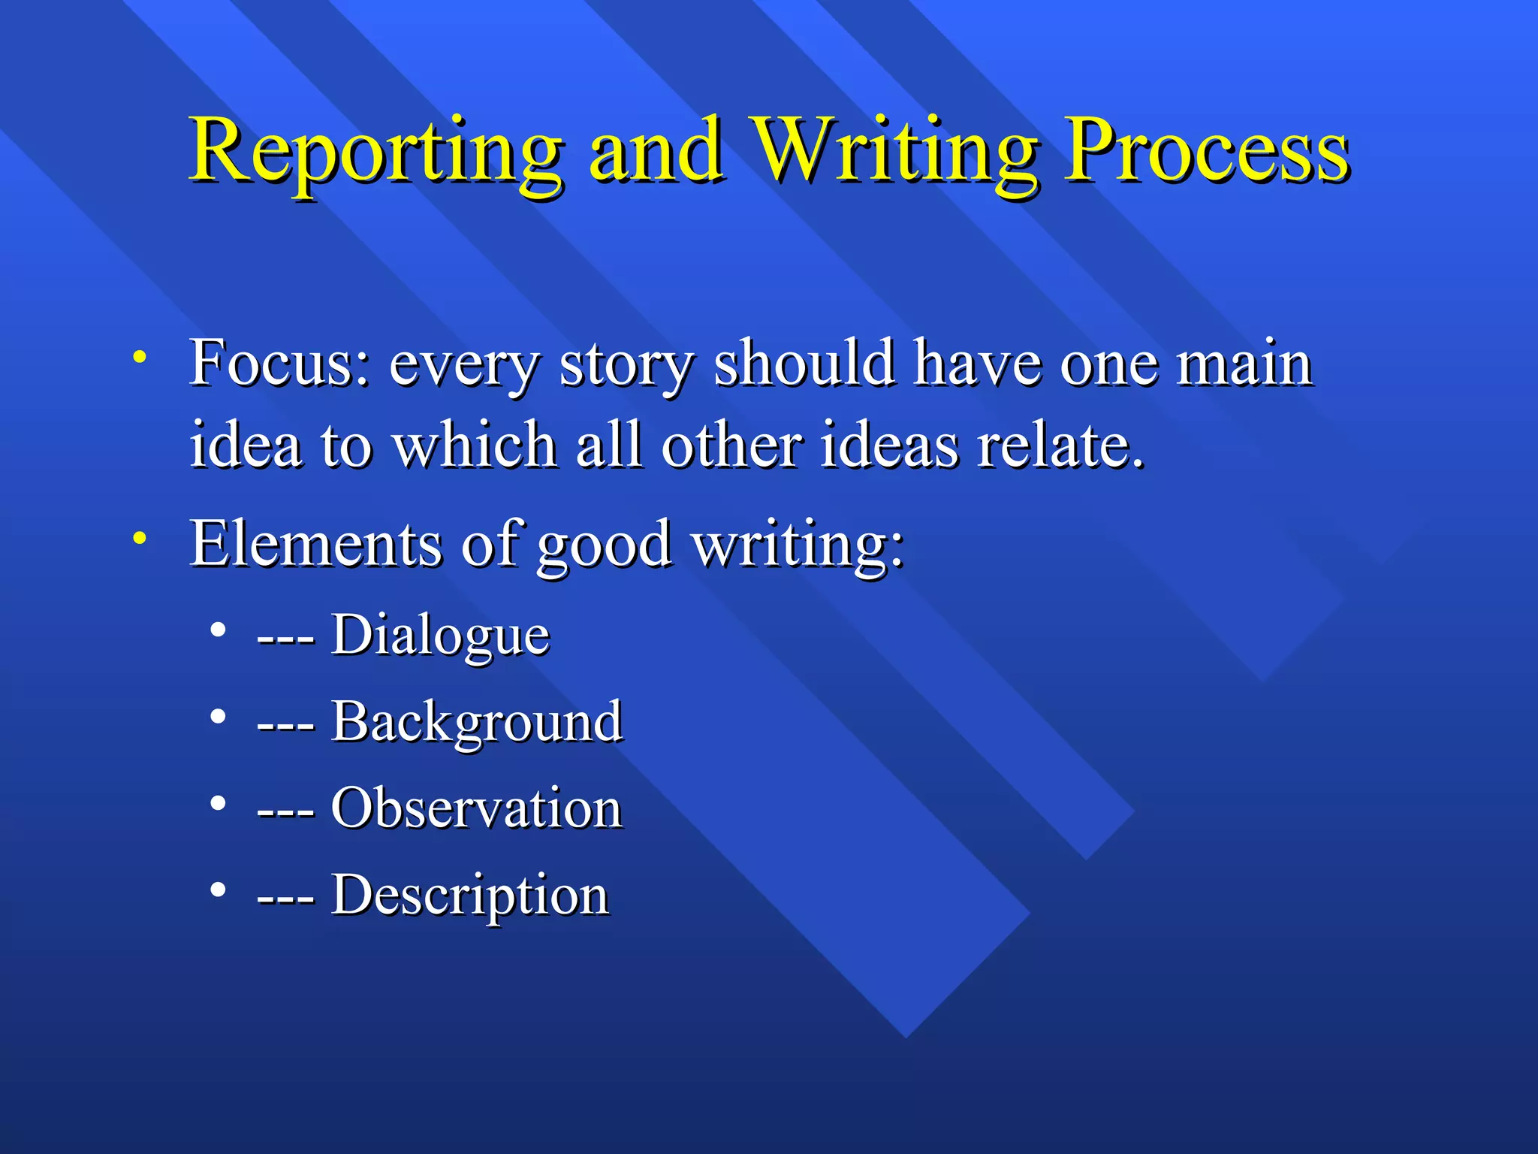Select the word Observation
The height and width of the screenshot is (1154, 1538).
(x=477, y=808)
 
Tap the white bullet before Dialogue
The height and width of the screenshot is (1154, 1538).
(x=218, y=630)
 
